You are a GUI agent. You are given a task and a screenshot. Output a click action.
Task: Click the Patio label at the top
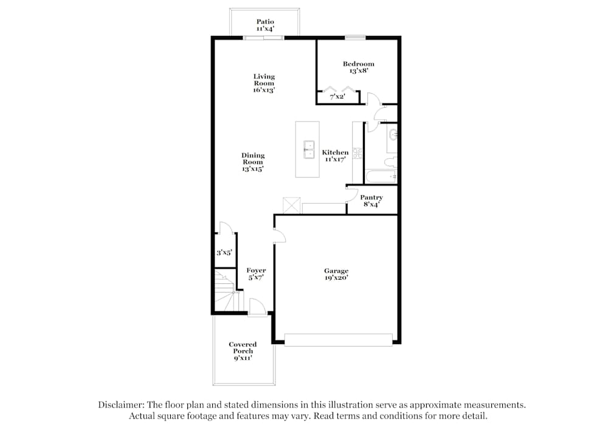(x=264, y=25)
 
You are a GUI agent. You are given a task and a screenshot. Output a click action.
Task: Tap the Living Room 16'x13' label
(x=264, y=83)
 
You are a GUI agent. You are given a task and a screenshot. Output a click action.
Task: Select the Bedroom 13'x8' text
(x=358, y=67)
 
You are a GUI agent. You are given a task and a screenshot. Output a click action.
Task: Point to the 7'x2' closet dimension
(x=337, y=97)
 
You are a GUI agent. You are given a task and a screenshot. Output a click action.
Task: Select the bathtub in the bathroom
(x=381, y=176)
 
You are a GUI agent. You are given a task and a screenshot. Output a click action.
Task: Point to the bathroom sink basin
(x=393, y=134)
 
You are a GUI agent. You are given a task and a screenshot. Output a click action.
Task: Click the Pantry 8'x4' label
(x=371, y=201)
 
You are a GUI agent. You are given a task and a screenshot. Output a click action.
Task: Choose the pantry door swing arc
(x=351, y=195)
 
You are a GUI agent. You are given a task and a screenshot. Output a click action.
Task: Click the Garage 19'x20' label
(x=336, y=274)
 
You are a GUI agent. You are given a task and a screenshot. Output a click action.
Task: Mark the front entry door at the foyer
(x=257, y=308)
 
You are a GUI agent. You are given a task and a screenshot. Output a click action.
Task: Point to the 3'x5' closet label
(x=224, y=252)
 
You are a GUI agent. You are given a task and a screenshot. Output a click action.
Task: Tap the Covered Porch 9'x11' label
(x=243, y=351)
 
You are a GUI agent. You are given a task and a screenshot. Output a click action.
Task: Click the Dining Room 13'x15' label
(x=253, y=162)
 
